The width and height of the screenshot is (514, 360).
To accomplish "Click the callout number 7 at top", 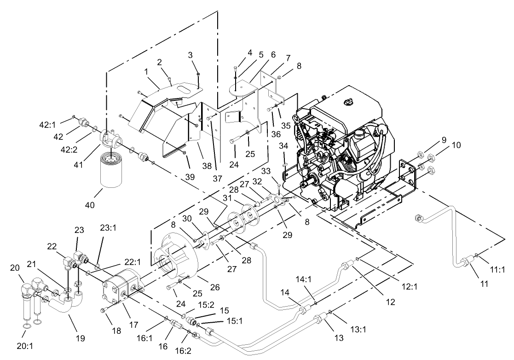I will [x=288, y=58].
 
